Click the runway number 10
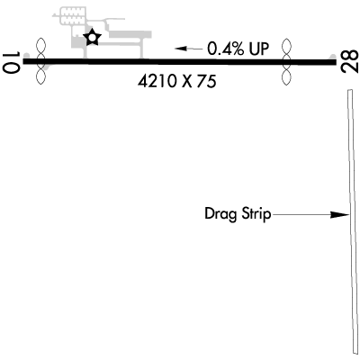[x=11, y=62]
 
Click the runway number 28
[x=350, y=61]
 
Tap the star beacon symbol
[x=92, y=38]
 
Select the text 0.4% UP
[x=238, y=49]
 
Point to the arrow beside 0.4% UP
[x=189, y=49]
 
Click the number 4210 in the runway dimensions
[x=157, y=82]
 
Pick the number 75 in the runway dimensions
[x=207, y=82]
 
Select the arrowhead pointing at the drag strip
[x=339, y=214]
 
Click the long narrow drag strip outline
[x=353, y=223]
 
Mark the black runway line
[x=180, y=62]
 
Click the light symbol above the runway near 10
[x=40, y=49]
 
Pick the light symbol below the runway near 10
[x=40, y=75]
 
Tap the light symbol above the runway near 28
[x=287, y=49]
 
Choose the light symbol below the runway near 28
[x=287, y=76]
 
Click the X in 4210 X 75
[x=187, y=82]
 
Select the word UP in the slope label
[x=257, y=49]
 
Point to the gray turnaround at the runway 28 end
[x=333, y=57]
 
